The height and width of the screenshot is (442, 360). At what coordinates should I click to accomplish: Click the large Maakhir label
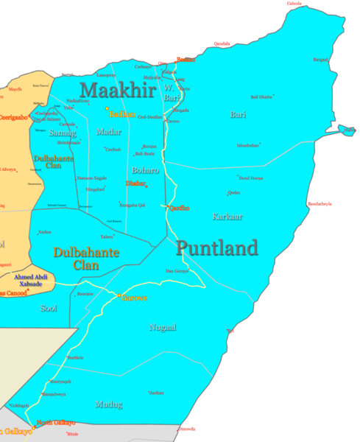[118, 90]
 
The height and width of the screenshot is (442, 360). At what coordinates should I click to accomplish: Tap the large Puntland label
[217, 248]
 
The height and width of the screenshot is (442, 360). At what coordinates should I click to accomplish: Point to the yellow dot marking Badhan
[107, 109]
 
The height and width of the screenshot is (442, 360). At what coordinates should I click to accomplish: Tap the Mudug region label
[108, 404]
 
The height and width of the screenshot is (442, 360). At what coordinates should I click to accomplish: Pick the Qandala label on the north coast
[222, 43]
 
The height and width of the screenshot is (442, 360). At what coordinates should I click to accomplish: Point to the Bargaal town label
[321, 60]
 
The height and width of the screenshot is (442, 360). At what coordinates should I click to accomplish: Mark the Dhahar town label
[135, 183]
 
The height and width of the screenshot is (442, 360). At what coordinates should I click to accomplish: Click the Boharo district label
[146, 170]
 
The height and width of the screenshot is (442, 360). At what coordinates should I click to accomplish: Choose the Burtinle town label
[75, 358]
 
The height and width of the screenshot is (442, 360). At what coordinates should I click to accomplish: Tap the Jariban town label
[156, 393]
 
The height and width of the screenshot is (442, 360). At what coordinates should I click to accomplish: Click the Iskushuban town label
[248, 145]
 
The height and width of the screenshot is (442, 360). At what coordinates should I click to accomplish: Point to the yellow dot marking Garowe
[119, 296]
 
